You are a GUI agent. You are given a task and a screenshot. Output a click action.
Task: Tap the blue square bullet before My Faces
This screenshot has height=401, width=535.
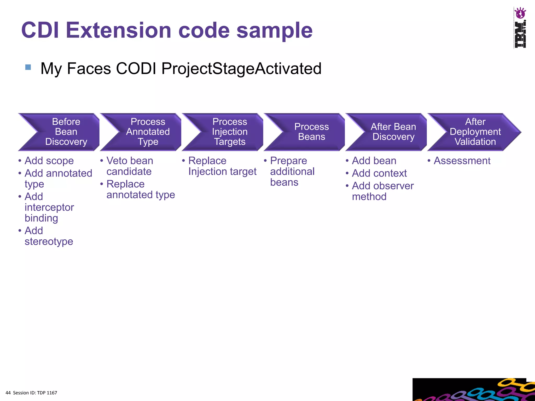[x=28, y=67]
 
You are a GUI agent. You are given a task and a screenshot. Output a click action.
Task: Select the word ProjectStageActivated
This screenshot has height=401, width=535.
[x=241, y=69]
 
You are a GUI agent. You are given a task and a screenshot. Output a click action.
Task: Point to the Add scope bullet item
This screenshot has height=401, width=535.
[x=49, y=161]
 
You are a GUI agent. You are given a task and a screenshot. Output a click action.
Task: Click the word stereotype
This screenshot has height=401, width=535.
[x=49, y=241]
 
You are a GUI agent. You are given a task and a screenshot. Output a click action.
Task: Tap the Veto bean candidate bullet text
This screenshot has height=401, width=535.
[x=130, y=166]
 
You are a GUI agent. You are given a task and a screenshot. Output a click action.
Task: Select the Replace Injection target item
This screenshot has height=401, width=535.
[x=222, y=166]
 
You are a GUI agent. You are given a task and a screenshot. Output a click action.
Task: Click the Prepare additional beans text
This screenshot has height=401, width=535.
[x=292, y=172]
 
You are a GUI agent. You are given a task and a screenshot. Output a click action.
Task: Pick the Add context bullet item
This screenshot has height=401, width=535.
[x=379, y=173]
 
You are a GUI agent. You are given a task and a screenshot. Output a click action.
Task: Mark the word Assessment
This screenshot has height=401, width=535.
[x=462, y=161]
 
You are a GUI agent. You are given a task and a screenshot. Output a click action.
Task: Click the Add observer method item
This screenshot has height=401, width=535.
[x=382, y=191]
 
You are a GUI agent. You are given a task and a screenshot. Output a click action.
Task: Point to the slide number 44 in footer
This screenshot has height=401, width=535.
[x=8, y=393]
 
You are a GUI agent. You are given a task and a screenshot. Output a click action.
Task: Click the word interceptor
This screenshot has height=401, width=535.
[x=49, y=207]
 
